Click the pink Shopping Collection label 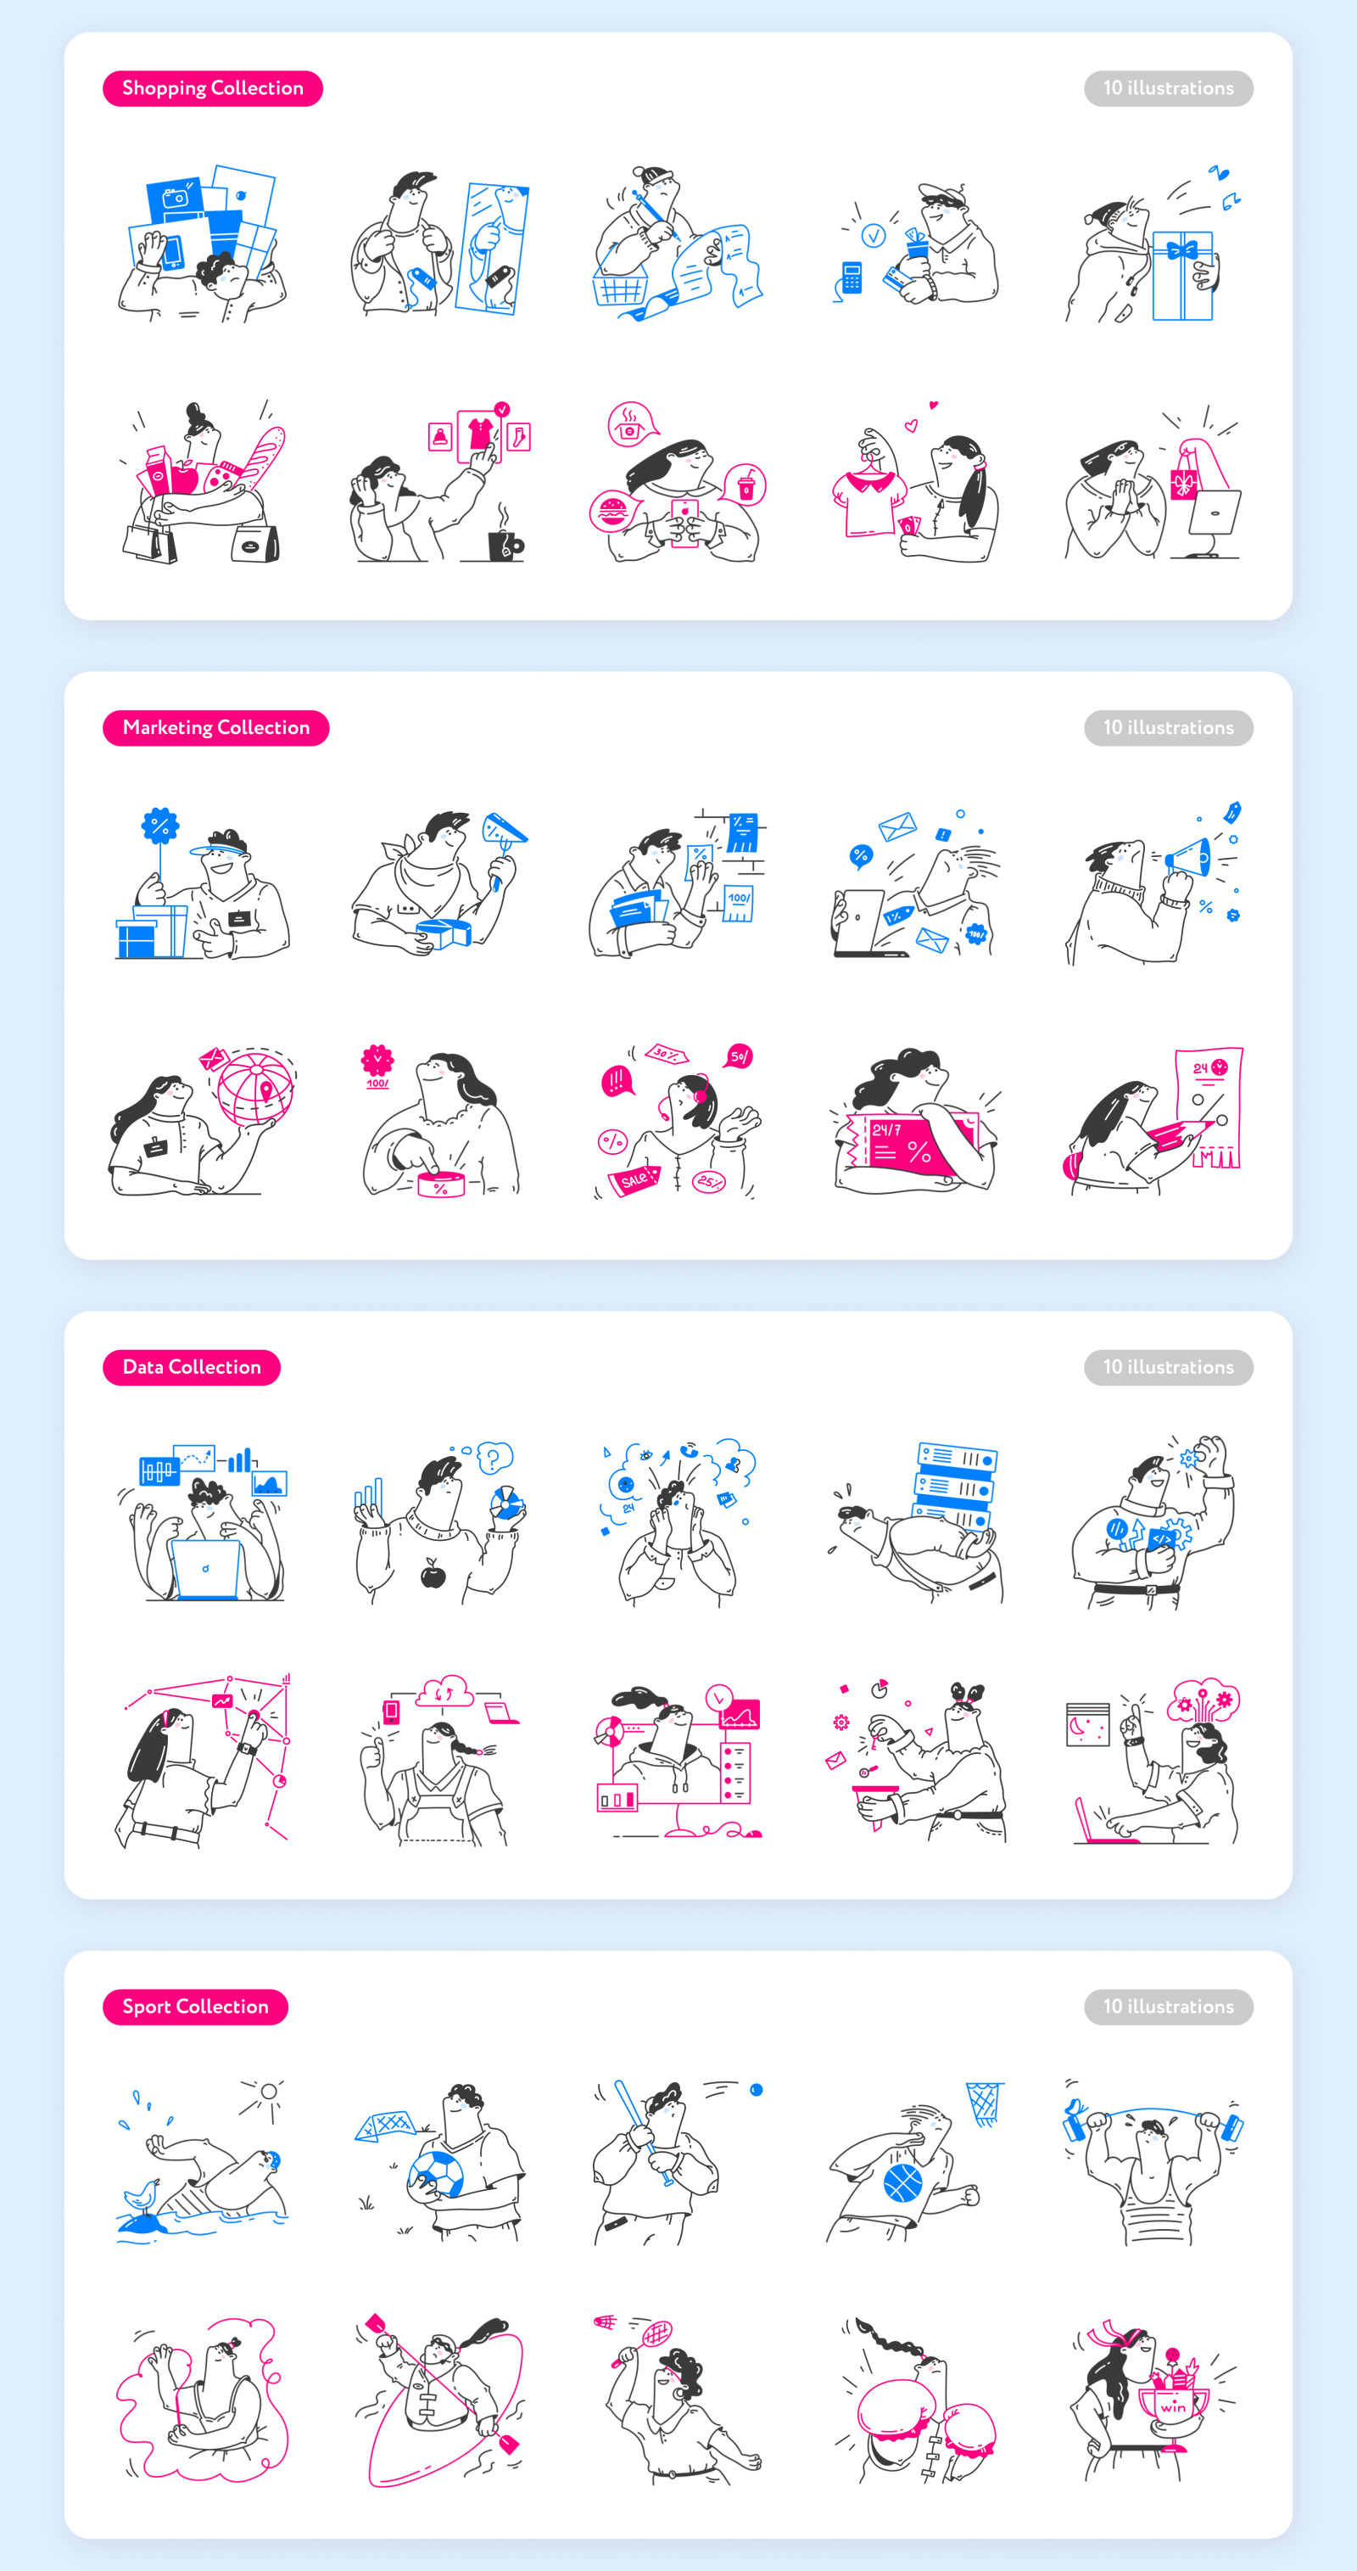coord(213,89)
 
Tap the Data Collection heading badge coord(192,1367)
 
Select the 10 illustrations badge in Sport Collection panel coord(1169,2006)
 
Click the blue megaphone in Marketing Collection coord(1187,859)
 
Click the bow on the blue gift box coord(1182,249)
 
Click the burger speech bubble coord(610,512)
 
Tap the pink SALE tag coord(634,1180)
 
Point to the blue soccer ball coord(434,2173)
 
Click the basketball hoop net coord(984,2103)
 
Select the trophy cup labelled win coord(1174,2406)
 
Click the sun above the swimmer coord(267,2091)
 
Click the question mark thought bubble coord(494,1458)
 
